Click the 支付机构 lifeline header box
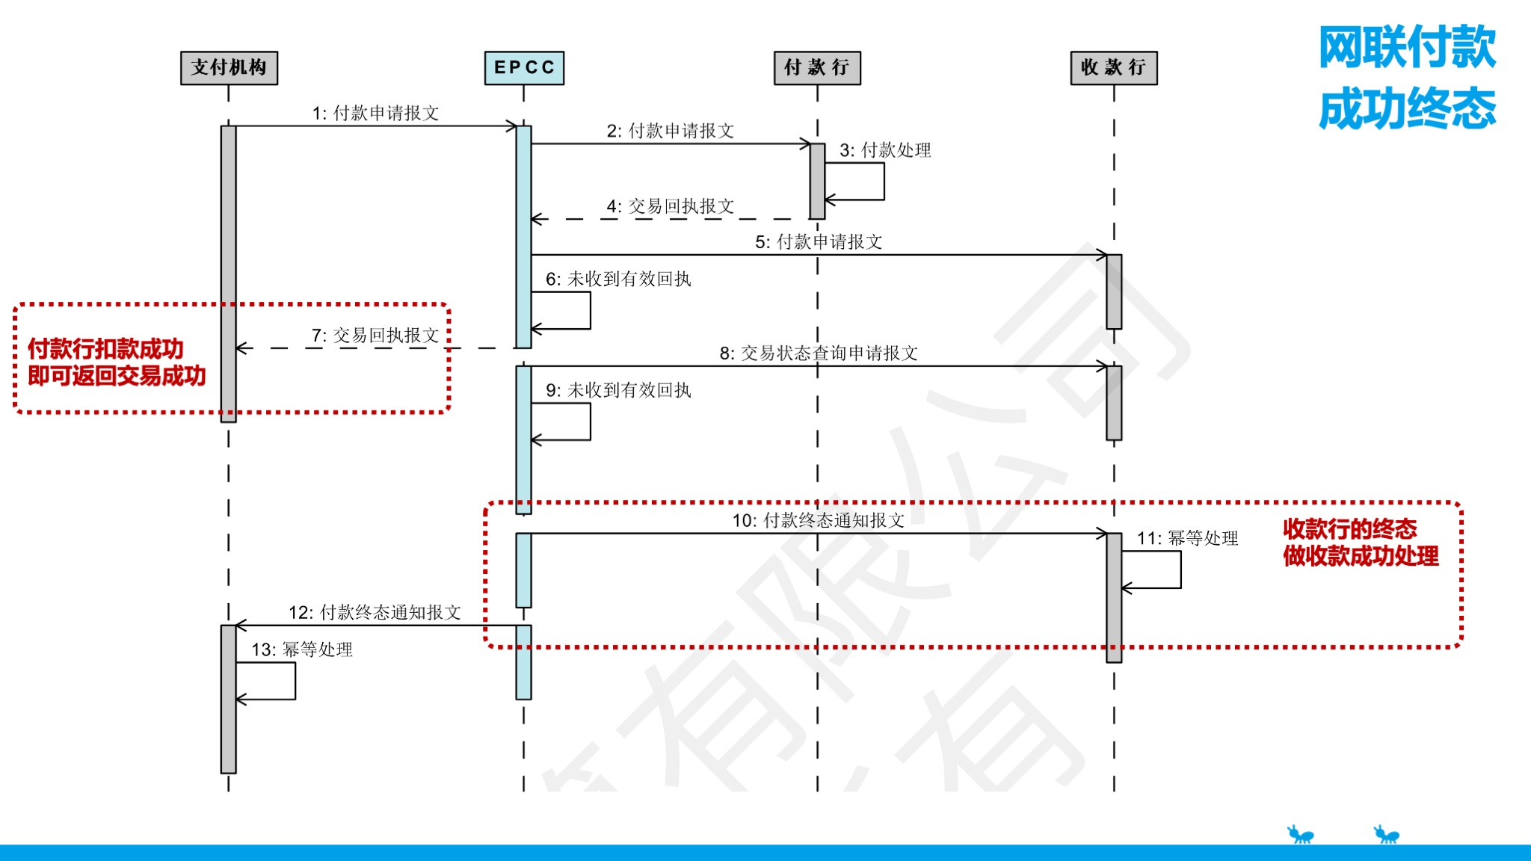(229, 68)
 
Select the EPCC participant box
(524, 68)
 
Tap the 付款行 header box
(817, 68)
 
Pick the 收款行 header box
(1113, 68)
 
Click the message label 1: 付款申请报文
(375, 113)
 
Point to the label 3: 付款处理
(885, 150)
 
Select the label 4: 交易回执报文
(670, 206)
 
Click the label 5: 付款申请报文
(819, 242)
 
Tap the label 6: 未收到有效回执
(618, 280)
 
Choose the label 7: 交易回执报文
(375, 336)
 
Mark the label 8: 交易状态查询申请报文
(819, 354)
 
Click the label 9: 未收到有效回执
(618, 390)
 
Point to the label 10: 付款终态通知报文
(819, 521)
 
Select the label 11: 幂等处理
(1187, 538)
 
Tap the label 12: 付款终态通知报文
(375, 613)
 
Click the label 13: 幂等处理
(302, 649)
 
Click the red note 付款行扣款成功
(105, 349)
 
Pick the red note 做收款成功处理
(1361, 556)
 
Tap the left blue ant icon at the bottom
(1301, 834)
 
